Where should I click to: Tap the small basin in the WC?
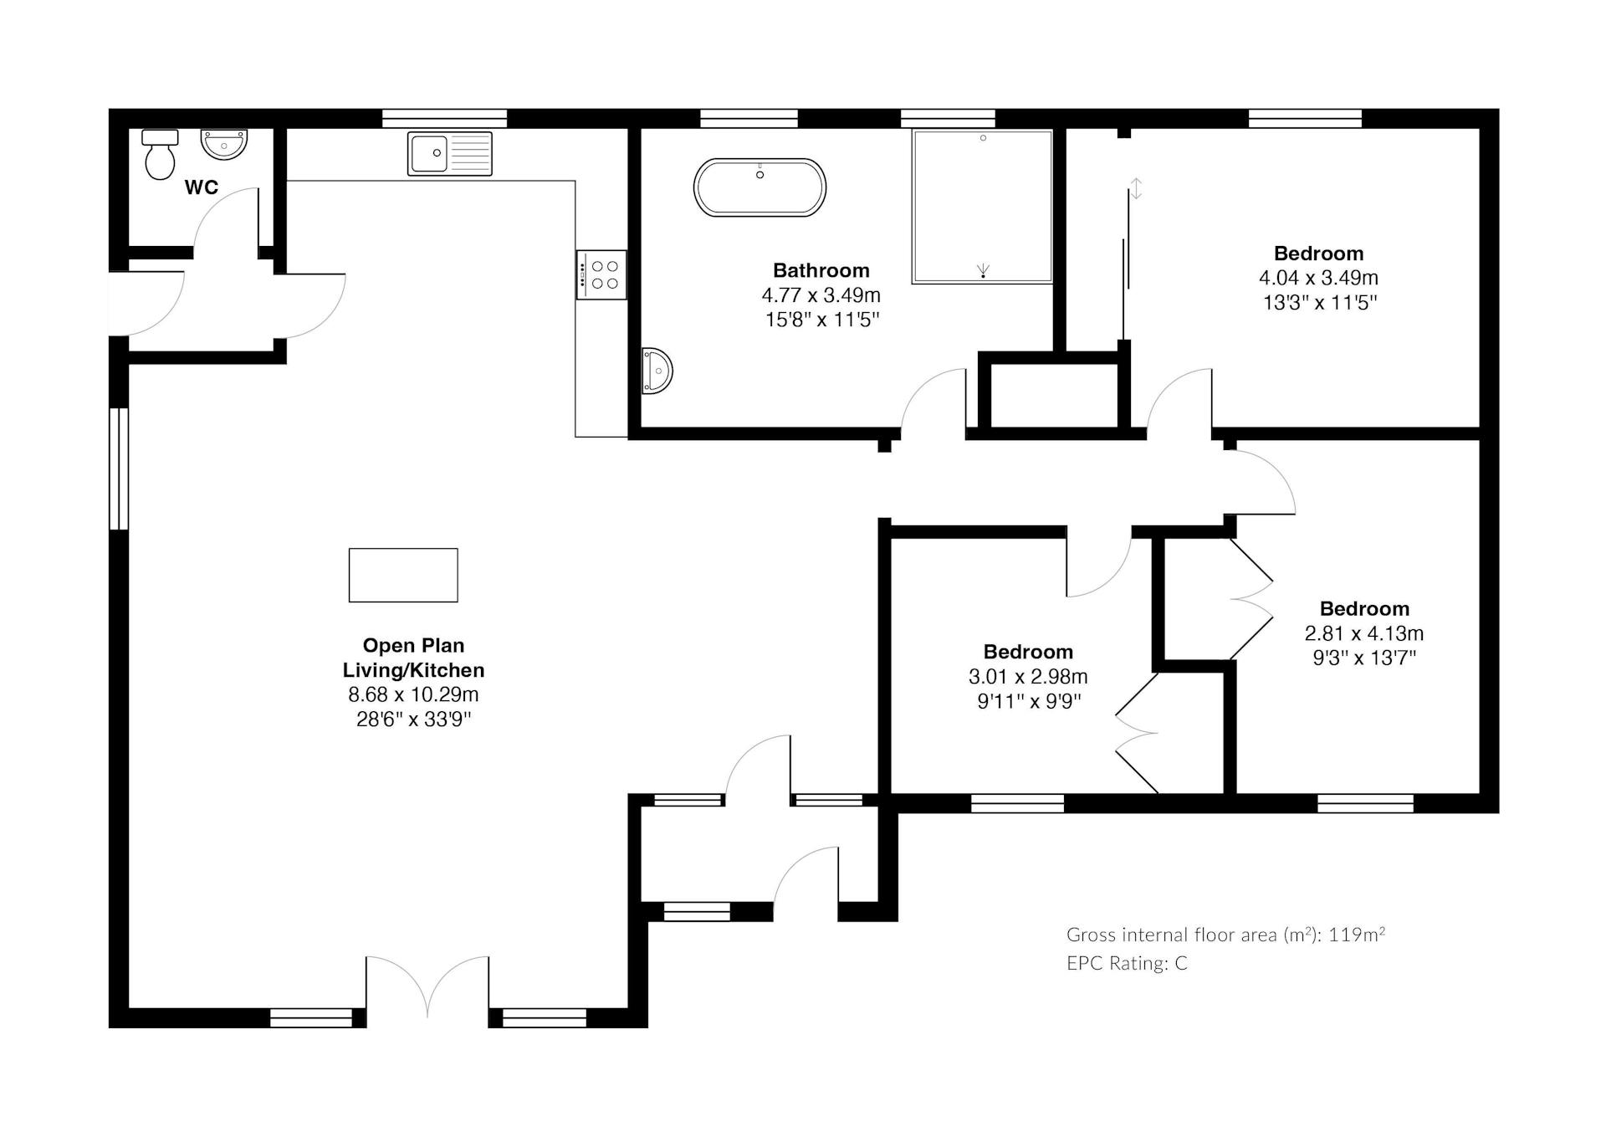pyautogui.click(x=224, y=144)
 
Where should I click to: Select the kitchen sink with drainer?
pyautogui.click(x=450, y=154)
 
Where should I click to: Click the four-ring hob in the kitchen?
pyautogui.click(x=601, y=274)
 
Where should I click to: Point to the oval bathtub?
pyautogui.click(x=760, y=187)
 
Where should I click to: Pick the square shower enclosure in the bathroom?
pyautogui.click(x=982, y=207)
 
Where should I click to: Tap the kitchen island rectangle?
pyautogui.click(x=403, y=576)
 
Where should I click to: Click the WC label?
pyautogui.click(x=202, y=187)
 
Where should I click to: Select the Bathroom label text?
pyautogui.click(x=821, y=270)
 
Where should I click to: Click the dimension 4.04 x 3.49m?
pyautogui.click(x=1319, y=278)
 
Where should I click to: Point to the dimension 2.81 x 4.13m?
pyautogui.click(x=1364, y=633)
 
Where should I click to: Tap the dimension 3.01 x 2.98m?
pyautogui.click(x=1028, y=676)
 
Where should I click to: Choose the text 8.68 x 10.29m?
pyautogui.click(x=413, y=694)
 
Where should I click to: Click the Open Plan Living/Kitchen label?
pyautogui.click(x=413, y=658)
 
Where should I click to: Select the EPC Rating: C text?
pyautogui.click(x=1127, y=963)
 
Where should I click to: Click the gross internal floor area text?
pyautogui.click(x=1225, y=935)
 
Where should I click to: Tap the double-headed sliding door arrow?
pyautogui.click(x=1136, y=188)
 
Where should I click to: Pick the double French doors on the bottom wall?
pyautogui.click(x=427, y=987)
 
